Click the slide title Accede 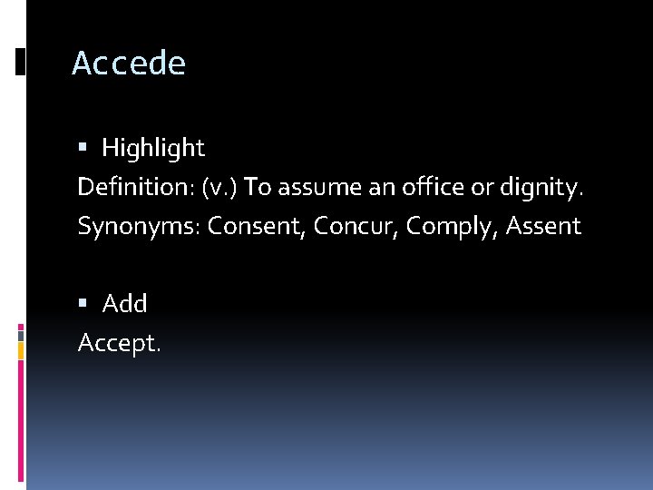[x=129, y=64]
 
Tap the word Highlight [x=153, y=147]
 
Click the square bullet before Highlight [x=83, y=147]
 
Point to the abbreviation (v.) [x=221, y=187]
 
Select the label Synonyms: [x=139, y=227]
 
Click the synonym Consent [x=257, y=227]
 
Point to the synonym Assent [x=543, y=227]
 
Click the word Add [x=124, y=304]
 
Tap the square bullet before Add [x=83, y=304]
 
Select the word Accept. [x=119, y=343]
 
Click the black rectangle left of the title [x=20, y=62]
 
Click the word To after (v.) [x=258, y=187]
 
